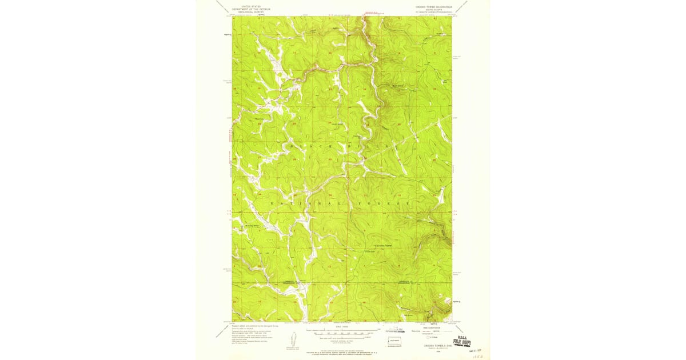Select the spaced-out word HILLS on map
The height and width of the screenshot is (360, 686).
(x=378, y=146)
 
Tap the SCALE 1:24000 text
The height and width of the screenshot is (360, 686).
(x=342, y=328)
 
